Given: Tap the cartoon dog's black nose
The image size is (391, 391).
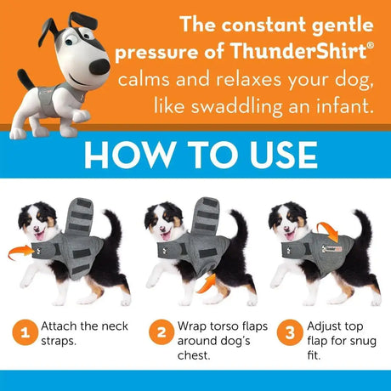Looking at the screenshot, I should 100,66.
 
